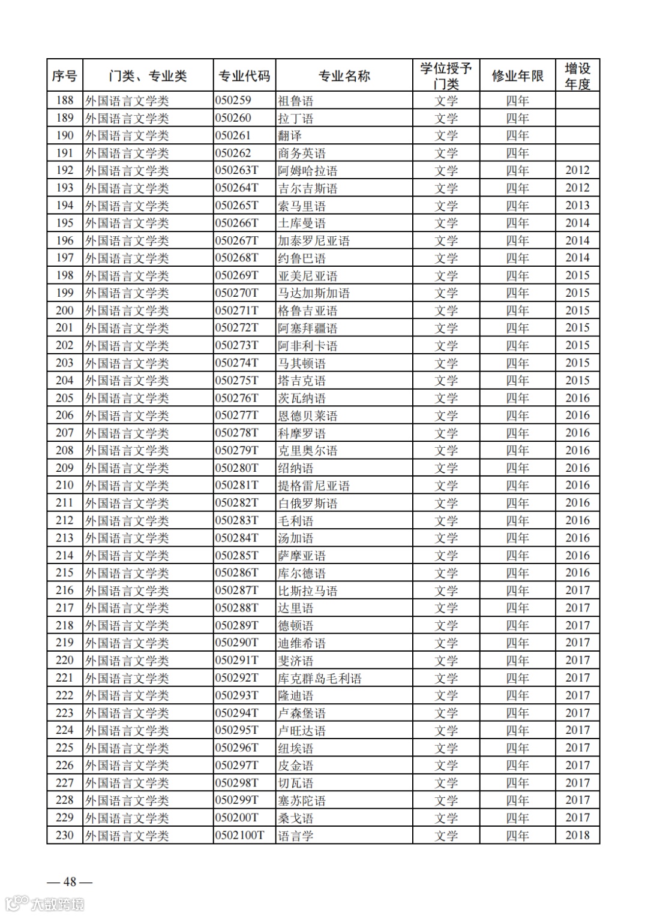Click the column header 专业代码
tap(244, 76)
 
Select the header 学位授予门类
tap(446, 76)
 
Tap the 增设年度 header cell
tap(577, 76)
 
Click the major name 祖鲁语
tap(295, 101)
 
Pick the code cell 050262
tap(233, 153)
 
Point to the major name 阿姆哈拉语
tap(307, 171)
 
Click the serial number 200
tap(65, 311)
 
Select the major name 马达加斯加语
tap(313, 293)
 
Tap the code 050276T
tap(237, 398)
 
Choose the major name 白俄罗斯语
tap(307, 503)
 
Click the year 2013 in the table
tap(577, 206)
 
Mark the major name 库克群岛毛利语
tap(319, 678)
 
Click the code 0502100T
tap(240, 835)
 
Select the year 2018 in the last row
tap(577, 835)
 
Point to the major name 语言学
tap(295, 836)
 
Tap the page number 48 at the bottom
tap(70, 881)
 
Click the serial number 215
tap(65, 572)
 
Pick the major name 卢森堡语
tap(301, 713)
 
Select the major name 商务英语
tap(301, 153)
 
